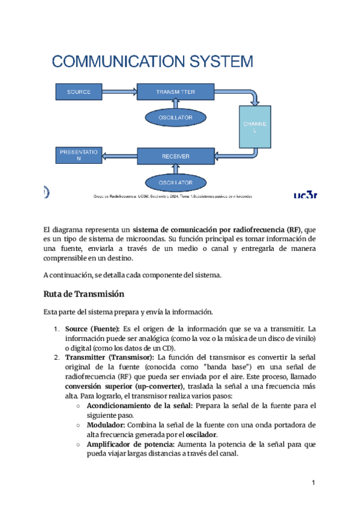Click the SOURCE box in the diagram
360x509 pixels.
[x=79, y=92]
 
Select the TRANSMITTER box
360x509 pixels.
[x=175, y=92]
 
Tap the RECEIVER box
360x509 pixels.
[x=175, y=156]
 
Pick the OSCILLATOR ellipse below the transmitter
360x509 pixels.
[x=175, y=118]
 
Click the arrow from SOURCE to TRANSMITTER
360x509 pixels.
[x=119, y=92]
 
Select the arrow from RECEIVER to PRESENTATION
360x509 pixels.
[x=119, y=156]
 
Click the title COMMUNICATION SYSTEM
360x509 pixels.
[x=152, y=61]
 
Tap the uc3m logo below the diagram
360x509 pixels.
[x=305, y=194]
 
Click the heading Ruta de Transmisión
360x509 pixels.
[x=83, y=294]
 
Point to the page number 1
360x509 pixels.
[x=313, y=483]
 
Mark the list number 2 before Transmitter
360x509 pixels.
[x=57, y=358]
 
